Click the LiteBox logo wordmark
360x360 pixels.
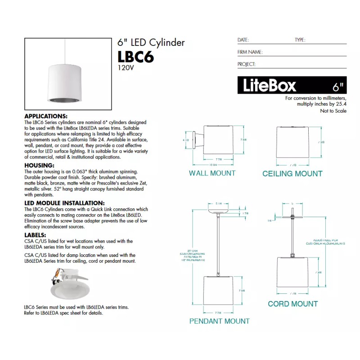point(270,85)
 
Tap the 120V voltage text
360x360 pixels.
point(126,68)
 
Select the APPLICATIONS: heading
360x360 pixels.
point(46,116)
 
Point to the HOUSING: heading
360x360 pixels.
point(39,166)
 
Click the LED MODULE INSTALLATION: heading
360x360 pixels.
point(64,203)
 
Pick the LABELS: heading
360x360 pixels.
point(35,234)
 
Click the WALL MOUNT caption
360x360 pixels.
point(212,173)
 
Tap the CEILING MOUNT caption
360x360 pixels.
point(292,174)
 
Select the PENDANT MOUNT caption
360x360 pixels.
point(219,321)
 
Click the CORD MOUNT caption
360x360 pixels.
point(292,304)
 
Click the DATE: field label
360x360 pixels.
point(243,40)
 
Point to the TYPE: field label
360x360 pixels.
point(300,40)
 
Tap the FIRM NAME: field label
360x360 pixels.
point(250,52)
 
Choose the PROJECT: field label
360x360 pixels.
point(247,64)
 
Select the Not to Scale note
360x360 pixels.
point(333,111)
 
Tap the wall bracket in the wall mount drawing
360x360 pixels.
point(198,139)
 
